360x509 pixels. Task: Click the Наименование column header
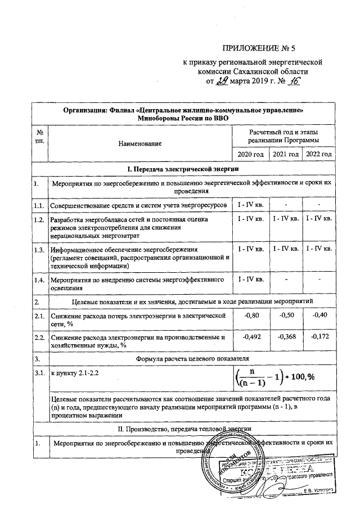139,144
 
